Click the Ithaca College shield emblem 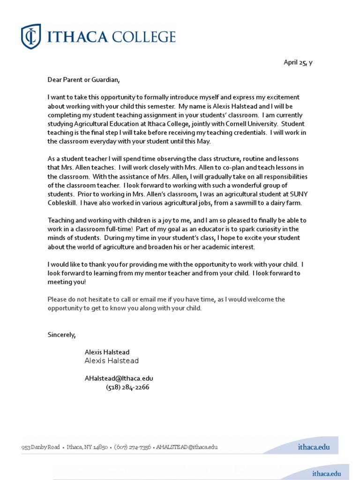31,36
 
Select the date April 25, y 298,63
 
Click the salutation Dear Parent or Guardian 84,80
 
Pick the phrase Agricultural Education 105,124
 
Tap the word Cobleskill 62,203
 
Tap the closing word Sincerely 61,335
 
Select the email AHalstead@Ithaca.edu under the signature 119,378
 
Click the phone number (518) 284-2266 127,387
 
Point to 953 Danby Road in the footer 40,447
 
